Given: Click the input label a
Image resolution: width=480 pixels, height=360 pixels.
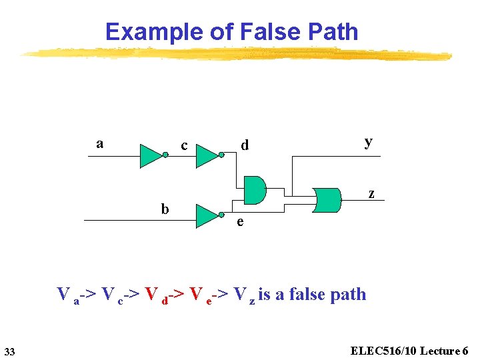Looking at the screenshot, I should pos(99,143).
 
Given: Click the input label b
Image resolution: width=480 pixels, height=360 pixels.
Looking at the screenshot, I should pos(165,209).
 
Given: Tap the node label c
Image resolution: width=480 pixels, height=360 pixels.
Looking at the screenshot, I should pos(184,145).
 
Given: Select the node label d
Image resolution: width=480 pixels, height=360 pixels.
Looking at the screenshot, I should pos(245,145).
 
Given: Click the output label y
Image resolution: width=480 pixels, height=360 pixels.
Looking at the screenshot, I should pos(368,141).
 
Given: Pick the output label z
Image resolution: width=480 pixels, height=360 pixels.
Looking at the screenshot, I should pos(371,194).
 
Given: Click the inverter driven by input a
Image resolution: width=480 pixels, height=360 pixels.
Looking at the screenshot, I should pos(151,156).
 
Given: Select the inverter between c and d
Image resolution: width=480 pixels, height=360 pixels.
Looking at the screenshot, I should pos(208,156).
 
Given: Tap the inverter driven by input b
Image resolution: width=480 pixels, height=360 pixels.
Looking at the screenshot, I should pos(207,215).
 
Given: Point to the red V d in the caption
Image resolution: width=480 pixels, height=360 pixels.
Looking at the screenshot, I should pos(155,295).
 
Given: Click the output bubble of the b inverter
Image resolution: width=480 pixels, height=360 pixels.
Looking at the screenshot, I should pos(222,215).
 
